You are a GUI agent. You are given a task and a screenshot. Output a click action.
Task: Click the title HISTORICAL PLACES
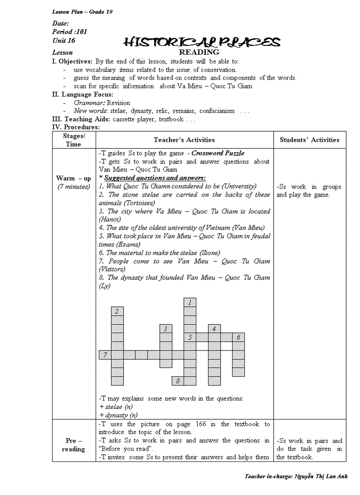pyautogui.click(x=202, y=42)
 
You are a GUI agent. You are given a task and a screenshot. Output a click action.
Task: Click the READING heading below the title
pyautogui.click(x=202, y=52)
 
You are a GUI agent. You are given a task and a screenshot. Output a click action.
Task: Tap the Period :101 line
pyautogui.click(x=69, y=32)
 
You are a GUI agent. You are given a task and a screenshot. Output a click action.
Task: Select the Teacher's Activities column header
pyautogui.click(x=184, y=140)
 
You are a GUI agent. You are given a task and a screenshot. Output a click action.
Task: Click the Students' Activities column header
pyautogui.click(x=309, y=140)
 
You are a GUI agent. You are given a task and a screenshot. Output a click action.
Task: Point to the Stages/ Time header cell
pyautogui.click(x=74, y=140)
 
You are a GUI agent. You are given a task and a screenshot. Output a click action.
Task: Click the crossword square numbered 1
pyautogui.click(x=190, y=303)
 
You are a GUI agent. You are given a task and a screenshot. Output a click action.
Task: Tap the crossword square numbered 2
pyautogui.click(x=117, y=312)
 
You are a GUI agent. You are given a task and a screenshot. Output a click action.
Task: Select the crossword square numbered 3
pyautogui.click(x=166, y=329)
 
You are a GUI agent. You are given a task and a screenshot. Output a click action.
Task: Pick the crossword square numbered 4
pyautogui.click(x=214, y=329)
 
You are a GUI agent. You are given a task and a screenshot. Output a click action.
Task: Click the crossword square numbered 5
pyautogui.click(x=190, y=338)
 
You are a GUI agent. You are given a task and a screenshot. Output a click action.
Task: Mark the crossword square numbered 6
pyautogui.click(x=238, y=338)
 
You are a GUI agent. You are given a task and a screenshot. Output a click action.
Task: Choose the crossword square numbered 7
pyautogui.click(x=105, y=355)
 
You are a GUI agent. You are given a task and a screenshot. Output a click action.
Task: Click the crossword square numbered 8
pyautogui.click(x=178, y=381)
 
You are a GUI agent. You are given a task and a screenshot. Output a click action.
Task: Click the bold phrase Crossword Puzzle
pyautogui.click(x=217, y=153)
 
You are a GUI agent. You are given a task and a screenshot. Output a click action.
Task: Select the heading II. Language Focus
pyautogui.click(x=82, y=94)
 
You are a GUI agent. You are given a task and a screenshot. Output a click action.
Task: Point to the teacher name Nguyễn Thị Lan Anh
pyautogui.click(x=321, y=476)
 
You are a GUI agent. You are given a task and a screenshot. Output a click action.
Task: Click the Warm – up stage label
pyautogui.click(x=74, y=179)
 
